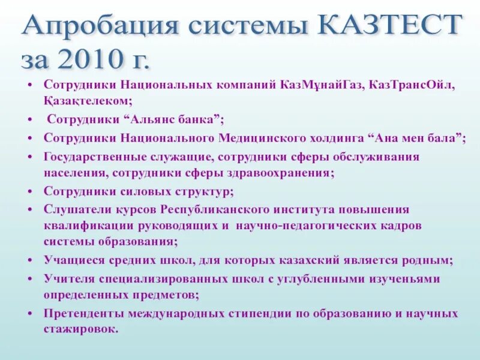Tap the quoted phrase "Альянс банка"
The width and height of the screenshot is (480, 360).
pos(179,119)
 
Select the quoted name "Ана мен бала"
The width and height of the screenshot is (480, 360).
pos(419,137)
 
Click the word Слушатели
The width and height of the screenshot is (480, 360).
pos(74,209)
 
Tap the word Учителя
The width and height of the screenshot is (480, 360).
pos(68,279)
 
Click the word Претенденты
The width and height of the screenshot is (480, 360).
pos(81,314)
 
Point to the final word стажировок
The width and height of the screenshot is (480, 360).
pos(81,329)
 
